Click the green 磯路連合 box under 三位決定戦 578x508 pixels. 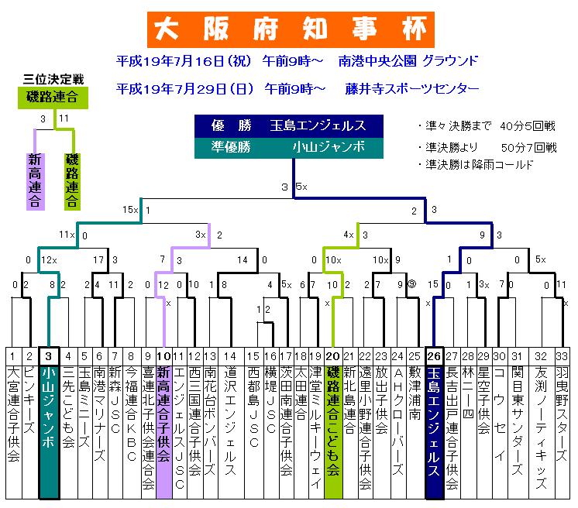(52, 97)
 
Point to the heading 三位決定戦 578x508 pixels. (53, 79)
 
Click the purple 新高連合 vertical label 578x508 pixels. (34, 180)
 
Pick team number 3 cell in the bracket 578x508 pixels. (48, 355)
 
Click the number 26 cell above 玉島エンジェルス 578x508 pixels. (434, 355)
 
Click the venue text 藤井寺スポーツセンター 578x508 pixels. (412, 88)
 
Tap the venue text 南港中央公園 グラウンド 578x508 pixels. (408, 60)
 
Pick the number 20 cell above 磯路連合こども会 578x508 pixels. (333, 355)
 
